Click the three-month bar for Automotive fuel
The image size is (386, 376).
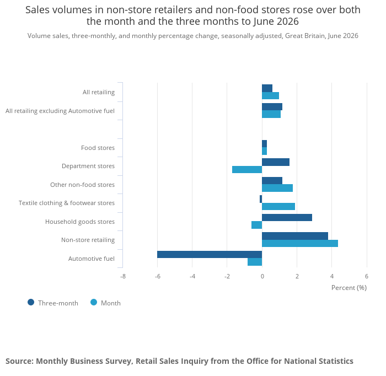click(x=210, y=255)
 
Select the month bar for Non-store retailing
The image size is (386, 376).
click(x=300, y=243)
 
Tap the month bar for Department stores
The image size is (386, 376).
click(x=247, y=170)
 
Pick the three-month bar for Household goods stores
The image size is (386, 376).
click(x=287, y=218)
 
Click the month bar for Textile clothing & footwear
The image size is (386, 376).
click(x=278, y=206)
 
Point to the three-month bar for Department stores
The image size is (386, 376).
click(x=276, y=162)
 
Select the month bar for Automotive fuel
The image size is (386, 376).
click(x=255, y=262)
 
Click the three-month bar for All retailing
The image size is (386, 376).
click(x=267, y=88)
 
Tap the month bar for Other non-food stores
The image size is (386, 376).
click(x=277, y=188)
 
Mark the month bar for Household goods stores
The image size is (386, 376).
click(x=257, y=225)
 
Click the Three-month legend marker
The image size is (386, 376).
click(x=31, y=302)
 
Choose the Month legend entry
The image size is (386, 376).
click(x=106, y=303)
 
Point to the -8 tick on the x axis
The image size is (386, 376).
click(x=123, y=276)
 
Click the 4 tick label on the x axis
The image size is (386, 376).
click(x=332, y=276)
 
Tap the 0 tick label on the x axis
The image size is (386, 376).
click(x=262, y=276)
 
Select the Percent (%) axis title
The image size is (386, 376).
click(x=349, y=288)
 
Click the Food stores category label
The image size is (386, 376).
click(x=98, y=148)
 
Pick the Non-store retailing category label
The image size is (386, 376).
click(x=88, y=240)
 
